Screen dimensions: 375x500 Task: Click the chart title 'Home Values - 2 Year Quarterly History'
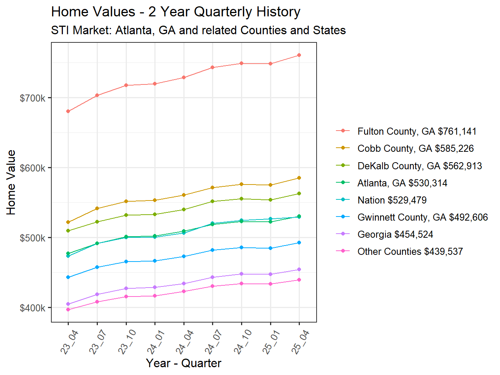point(176,12)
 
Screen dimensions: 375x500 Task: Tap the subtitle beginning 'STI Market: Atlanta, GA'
point(198,30)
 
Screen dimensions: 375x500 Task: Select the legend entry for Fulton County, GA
point(417,131)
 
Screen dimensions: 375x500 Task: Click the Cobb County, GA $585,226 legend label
point(415,148)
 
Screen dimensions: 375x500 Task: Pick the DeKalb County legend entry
point(419,166)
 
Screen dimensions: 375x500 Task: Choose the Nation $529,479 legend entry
point(392,200)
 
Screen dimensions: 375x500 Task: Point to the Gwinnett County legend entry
point(422,217)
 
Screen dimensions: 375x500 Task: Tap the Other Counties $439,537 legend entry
point(410,251)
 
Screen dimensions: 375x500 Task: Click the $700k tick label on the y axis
point(33,98)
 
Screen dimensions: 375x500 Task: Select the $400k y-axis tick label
point(33,308)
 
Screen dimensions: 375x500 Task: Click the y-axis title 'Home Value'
point(11,182)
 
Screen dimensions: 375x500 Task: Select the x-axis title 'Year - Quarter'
point(183,363)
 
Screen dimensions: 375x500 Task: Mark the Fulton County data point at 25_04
point(299,55)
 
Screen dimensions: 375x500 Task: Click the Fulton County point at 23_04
point(68,111)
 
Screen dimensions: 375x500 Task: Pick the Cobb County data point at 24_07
point(212,187)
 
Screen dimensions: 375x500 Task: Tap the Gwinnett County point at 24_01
point(155,261)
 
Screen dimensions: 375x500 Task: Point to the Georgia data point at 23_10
point(126,288)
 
